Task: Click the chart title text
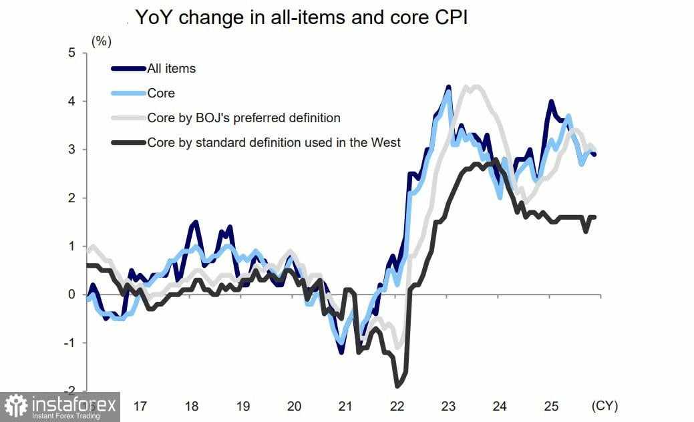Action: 301,18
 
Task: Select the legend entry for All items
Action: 172,68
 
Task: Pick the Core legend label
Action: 161,93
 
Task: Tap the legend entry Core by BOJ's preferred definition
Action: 244,118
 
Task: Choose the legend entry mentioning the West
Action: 274,142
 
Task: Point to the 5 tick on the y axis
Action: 71,53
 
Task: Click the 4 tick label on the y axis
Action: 71,101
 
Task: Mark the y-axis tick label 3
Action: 71,150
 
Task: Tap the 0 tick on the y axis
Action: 71,294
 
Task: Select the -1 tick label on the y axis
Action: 69,343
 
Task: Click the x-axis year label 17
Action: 140,406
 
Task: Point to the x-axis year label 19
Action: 243,406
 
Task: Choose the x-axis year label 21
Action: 345,406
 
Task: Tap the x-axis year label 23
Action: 448,406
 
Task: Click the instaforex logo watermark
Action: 60,407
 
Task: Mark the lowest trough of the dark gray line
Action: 398,385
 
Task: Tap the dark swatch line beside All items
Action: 128,68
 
